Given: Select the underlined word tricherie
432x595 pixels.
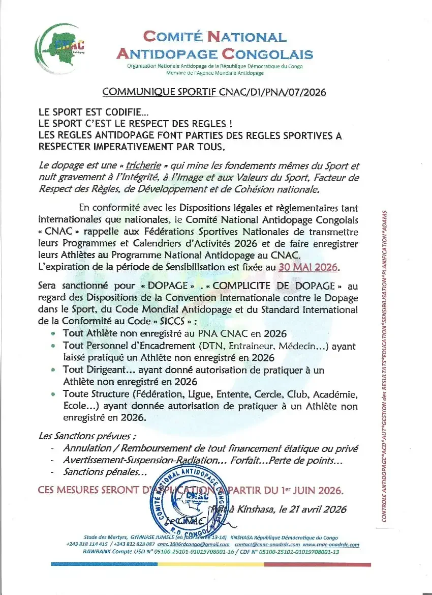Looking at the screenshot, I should click(144, 166).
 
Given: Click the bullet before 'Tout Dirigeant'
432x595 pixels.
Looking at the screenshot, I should click(54, 370).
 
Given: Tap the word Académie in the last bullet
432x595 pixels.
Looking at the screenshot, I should click(335, 394).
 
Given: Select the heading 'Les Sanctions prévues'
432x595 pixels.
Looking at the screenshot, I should click(87, 436).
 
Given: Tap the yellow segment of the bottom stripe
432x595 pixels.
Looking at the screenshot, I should click(211, 564).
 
